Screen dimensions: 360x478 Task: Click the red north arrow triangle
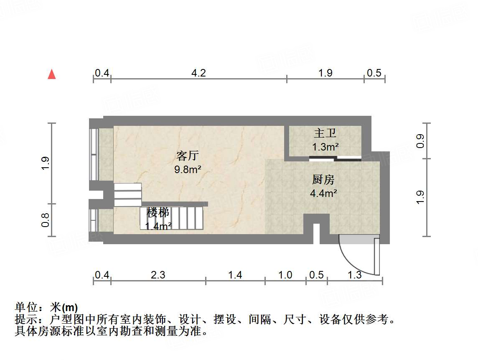tap(52, 74)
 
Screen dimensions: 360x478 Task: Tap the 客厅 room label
tap(187, 156)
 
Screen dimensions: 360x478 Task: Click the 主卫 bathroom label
tap(325, 134)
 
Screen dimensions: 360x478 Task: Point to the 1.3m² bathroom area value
tap(325, 147)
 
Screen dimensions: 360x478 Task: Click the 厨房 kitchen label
tap(323, 180)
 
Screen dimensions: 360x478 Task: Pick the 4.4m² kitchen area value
tap(323, 193)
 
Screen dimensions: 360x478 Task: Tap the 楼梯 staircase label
tap(158, 213)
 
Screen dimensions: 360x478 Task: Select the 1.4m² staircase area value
tap(158, 226)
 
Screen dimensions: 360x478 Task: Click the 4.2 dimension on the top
tap(198, 73)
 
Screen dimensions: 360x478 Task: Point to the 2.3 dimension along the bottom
tap(158, 275)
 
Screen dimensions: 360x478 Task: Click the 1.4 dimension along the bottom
tap(235, 275)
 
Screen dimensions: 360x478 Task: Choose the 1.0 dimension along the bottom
tap(285, 275)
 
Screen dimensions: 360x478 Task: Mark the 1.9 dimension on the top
tap(325, 73)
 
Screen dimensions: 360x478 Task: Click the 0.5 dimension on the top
tap(374, 73)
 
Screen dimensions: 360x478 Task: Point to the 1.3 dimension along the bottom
tap(355, 275)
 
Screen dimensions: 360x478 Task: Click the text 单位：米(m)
tap(46, 308)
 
